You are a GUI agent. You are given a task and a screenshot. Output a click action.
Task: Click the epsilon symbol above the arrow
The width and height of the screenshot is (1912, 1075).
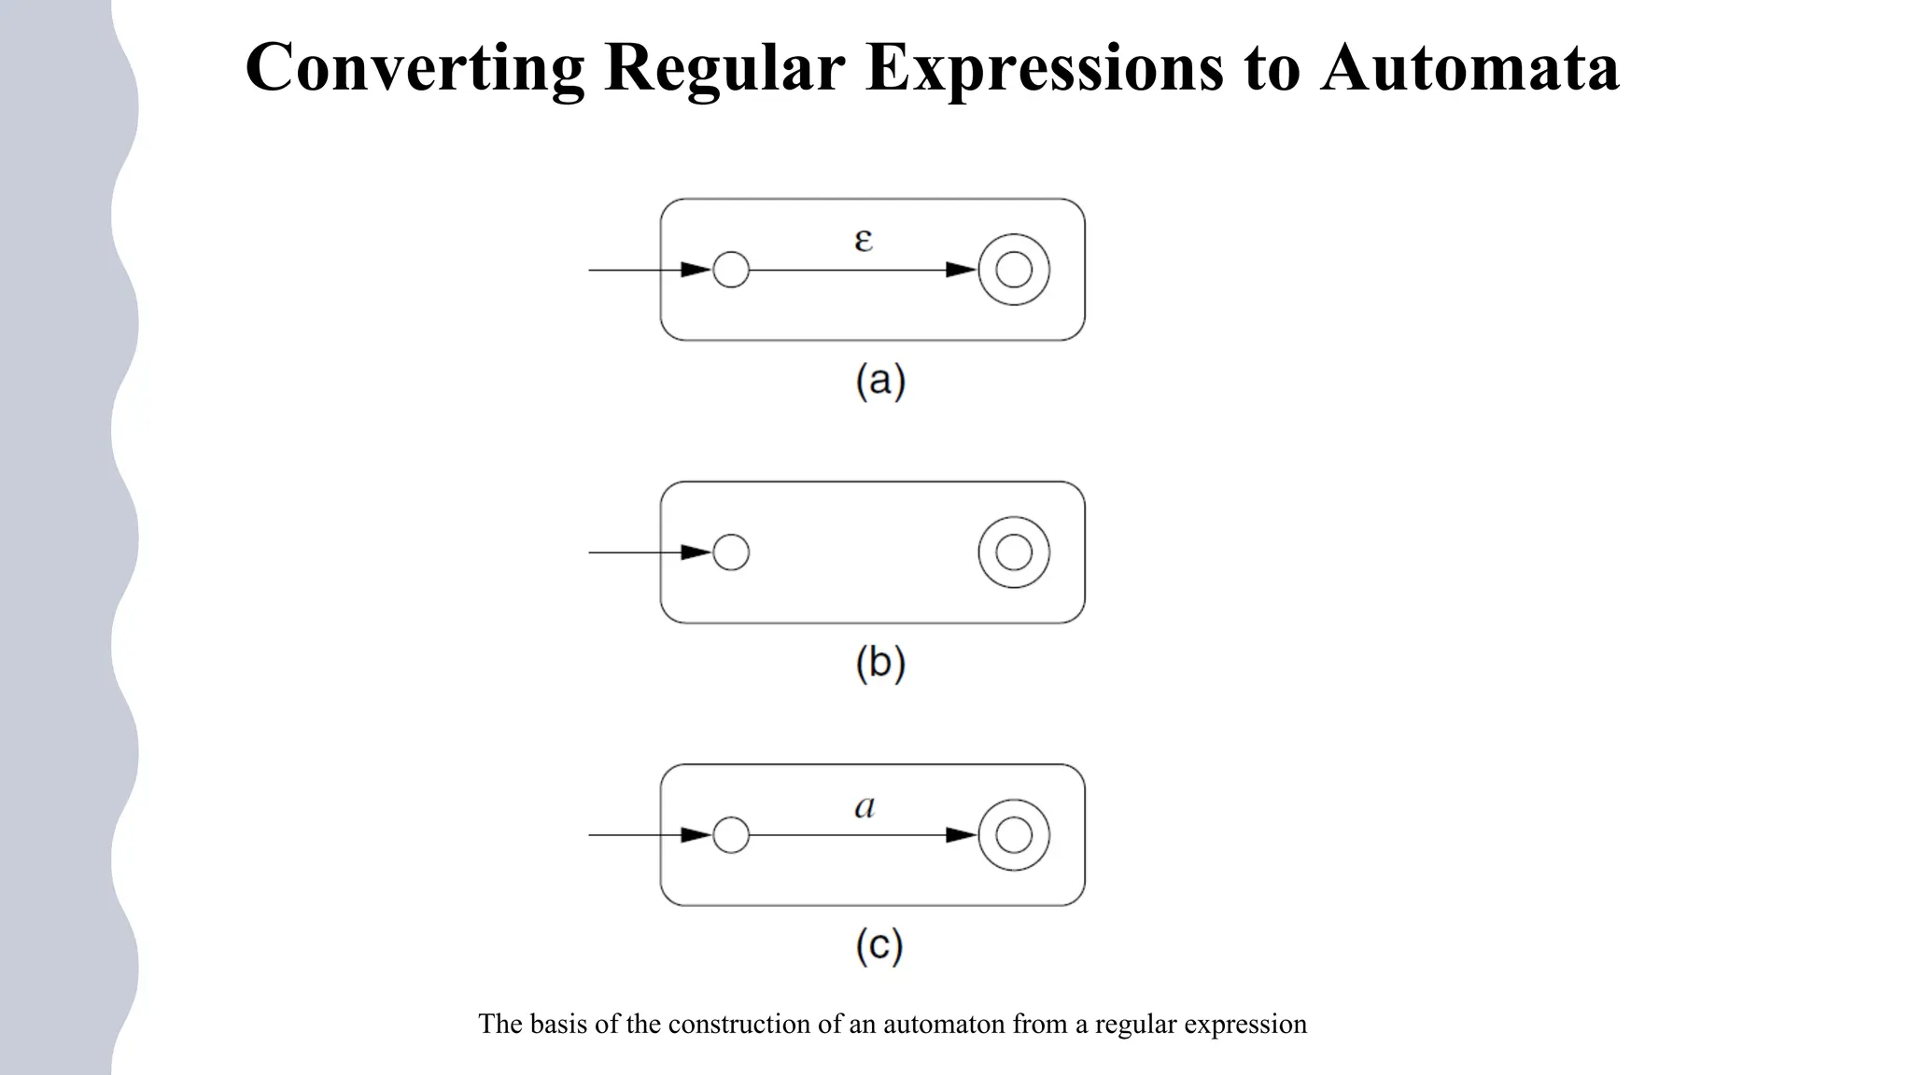coord(864,240)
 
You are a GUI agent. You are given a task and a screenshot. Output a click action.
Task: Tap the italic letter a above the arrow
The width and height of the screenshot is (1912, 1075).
coord(865,806)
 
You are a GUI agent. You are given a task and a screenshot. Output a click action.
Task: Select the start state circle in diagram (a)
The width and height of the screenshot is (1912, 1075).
coord(731,270)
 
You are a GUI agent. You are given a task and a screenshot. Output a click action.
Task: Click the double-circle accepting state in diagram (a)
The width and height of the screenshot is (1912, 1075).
coord(1014,270)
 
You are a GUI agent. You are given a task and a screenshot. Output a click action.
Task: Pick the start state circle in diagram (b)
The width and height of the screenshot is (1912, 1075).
coord(731,552)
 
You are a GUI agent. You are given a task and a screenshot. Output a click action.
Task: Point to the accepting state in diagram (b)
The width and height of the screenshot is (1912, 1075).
coord(1014,552)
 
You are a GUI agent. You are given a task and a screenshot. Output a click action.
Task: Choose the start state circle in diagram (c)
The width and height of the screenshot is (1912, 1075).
coord(731,835)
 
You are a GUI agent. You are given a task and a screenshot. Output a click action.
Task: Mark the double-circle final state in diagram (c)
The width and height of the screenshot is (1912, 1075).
coord(1014,835)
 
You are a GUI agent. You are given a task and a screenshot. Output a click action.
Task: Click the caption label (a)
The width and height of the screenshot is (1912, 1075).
coord(880,381)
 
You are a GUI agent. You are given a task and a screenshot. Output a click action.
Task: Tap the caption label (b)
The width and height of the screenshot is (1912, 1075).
coord(880,663)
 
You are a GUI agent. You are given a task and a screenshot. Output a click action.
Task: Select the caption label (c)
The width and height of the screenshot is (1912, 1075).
coord(879,946)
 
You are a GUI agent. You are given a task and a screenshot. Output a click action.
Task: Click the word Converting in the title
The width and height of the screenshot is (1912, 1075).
coord(415,67)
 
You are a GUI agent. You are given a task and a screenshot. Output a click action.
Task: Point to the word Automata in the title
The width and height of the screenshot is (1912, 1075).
coord(1469,67)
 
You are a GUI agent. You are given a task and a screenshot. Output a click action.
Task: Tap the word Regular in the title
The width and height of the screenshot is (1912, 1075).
coord(724,67)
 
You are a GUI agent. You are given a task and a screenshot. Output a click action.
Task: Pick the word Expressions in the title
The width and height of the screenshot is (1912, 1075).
coord(1044,67)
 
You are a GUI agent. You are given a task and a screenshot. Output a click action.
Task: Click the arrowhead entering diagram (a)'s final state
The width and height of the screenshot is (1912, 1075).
coord(962,270)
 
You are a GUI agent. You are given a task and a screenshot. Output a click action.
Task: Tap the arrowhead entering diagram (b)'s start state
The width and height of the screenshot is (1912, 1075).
coord(696,552)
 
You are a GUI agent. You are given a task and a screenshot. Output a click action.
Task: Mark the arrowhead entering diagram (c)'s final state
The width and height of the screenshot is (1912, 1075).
coord(962,835)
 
